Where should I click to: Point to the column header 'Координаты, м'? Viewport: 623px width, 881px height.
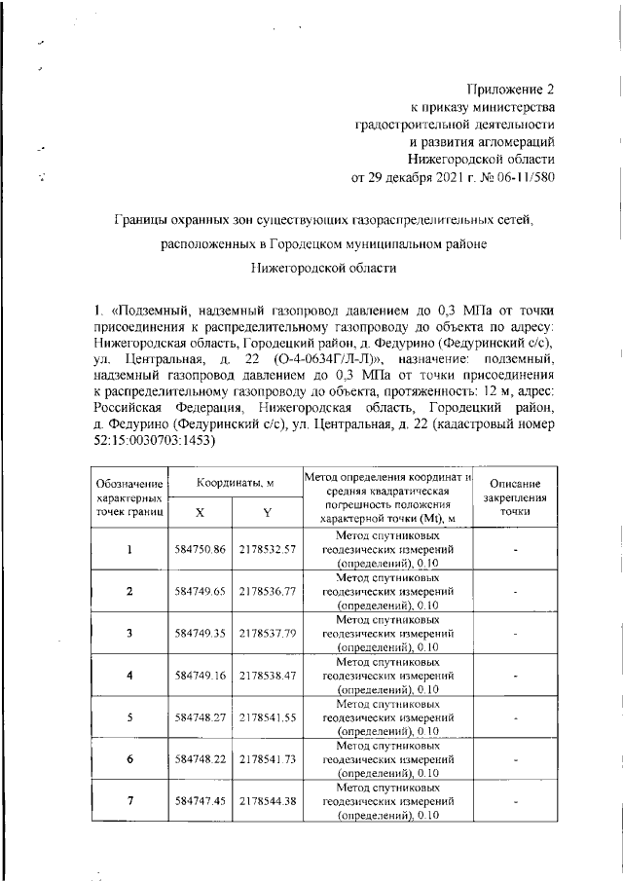click(x=235, y=483)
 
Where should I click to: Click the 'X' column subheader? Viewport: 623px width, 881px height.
click(x=200, y=512)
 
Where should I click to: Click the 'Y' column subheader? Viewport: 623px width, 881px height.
click(x=266, y=512)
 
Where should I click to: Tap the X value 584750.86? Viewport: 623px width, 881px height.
click(x=201, y=550)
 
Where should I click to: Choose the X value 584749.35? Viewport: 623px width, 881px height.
click(x=201, y=633)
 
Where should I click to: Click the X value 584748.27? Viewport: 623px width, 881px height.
click(x=201, y=716)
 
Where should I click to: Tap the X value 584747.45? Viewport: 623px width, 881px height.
click(x=201, y=799)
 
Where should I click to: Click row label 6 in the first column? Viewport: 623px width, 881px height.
click(x=129, y=757)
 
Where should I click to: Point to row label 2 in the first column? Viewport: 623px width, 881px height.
click(x=129, y=591)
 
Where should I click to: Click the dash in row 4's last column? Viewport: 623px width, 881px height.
click(x=515, y=674)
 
